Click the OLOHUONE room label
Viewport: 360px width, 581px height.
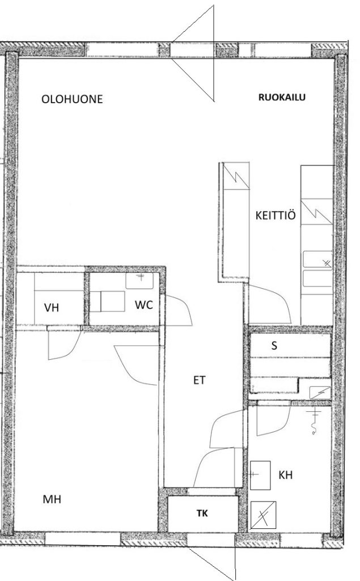(x=72, y=99)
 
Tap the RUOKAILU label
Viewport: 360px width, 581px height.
(x=282, y=98)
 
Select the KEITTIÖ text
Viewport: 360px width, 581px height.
(x=276, y=215)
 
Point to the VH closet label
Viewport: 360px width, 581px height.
(x=52, y=308)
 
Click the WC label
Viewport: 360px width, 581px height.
(x=143, y=305)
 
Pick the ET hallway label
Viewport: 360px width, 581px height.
(x=199, y=380)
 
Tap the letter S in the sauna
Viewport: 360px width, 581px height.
(x=274, y=346)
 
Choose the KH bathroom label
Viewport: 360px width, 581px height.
(x=286, y=475)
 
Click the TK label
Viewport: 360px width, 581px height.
(x=202, y=513)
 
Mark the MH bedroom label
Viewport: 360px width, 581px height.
(x=52, y=499)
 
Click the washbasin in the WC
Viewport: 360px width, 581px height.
(x=139, y=281)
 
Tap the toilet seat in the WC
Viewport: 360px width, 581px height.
(x=112, y=301)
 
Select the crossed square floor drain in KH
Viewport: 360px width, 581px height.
(x=263, y=515)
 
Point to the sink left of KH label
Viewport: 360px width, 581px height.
(x=260, y=475)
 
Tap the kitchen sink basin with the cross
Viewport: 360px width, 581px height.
(x=317, y=259)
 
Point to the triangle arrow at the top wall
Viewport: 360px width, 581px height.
(x=193, y=53)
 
